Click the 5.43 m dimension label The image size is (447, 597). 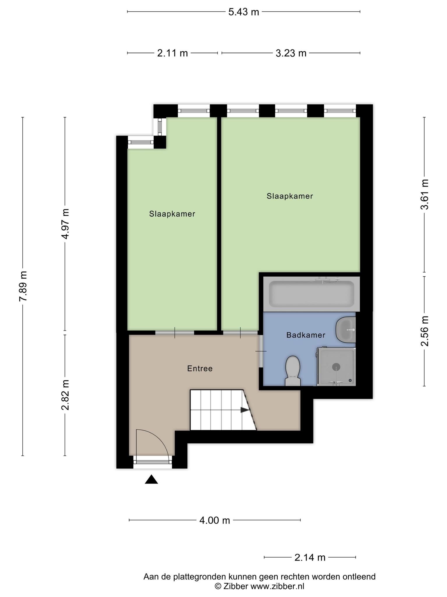pos(244,12)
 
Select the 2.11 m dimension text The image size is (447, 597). pos(173,53)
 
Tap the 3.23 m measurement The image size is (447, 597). pos(291,53)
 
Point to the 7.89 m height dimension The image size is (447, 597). pos(23,286)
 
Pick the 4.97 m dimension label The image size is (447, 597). pos(65,224)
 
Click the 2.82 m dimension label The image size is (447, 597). pos(65,395)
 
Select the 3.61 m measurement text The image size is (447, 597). pos(425,194)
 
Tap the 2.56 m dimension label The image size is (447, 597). pos(425,331)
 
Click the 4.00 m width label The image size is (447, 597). pos(215,520)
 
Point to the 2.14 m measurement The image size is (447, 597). pos(310,558)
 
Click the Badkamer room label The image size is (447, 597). pos(306,335)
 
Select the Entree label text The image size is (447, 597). pos(200,369)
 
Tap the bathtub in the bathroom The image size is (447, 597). pos(311,294)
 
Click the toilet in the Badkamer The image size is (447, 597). pos(293,371)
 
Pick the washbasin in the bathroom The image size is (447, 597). pos(346,330)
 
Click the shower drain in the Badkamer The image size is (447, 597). pos(336,367)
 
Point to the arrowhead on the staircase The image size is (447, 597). pos(245,410)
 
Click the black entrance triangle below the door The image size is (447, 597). pos(151,480)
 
